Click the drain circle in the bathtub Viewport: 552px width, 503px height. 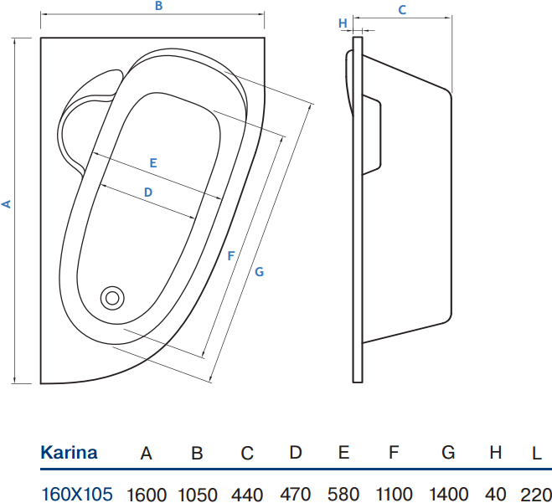pos(112,298)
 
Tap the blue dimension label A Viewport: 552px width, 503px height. pos(7,204)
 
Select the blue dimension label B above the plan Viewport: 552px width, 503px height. pos(159,6)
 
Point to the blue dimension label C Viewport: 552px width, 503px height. pos(402,10)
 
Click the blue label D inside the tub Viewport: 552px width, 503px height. pos(148,192)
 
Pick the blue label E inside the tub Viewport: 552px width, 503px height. pos(153,163)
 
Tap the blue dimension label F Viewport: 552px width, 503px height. pos(231,256)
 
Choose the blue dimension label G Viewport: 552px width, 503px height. pos(259,271)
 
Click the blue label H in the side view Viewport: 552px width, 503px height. pos(343,23)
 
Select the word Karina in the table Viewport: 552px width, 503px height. pos(69,452)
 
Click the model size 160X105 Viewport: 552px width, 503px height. pos(77,494)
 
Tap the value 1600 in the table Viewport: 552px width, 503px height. pos(147,495)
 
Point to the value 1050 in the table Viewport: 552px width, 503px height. pos(198,495)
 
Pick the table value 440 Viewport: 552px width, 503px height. pos(247,495)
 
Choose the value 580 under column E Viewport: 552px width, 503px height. pos(343,494)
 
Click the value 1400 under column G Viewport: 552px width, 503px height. pos(448,494)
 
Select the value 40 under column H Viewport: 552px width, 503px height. pos(495,494)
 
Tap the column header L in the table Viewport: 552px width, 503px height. pos(537,454)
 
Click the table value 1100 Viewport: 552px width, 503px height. pos(395,494)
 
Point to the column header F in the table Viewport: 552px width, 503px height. pos(394,452)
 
